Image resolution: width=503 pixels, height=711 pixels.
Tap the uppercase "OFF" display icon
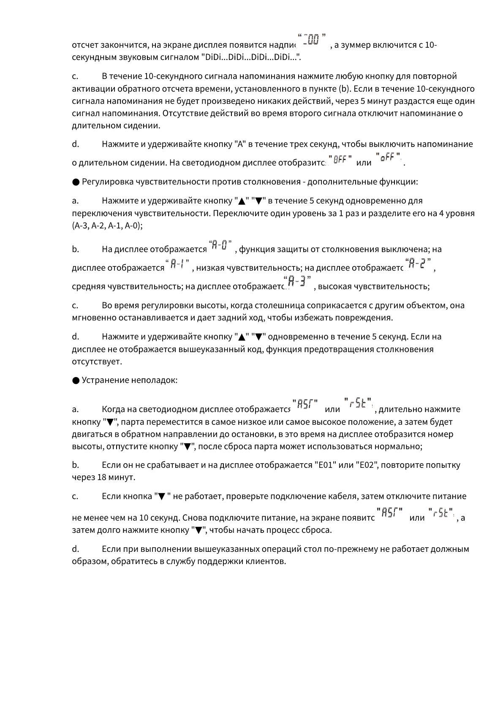(340, 160)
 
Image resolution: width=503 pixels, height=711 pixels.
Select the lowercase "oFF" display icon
(388, 158)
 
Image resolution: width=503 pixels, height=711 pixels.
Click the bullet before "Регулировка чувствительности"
(76, 182)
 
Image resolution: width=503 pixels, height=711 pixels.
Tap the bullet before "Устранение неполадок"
(76, 380)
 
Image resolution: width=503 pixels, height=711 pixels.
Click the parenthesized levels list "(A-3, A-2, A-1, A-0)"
(107, 225)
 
